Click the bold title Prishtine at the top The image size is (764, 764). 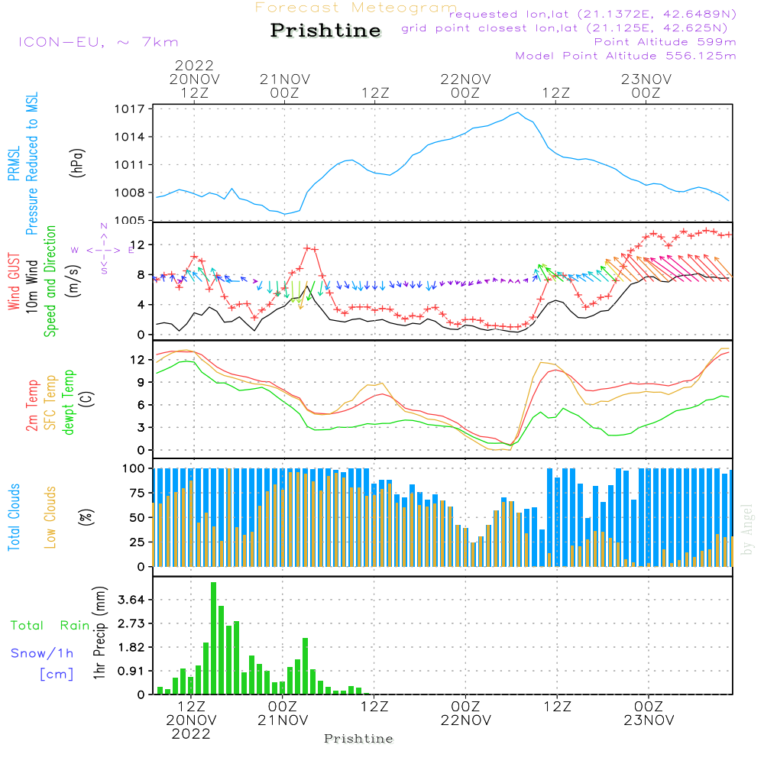325,31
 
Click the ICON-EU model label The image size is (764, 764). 61,42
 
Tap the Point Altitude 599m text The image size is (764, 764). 665,42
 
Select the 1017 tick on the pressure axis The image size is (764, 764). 130,108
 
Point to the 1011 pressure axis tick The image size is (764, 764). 130,165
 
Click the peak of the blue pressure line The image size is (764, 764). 518,112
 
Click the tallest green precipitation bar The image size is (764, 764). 213,638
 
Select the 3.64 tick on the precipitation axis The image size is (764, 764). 131,600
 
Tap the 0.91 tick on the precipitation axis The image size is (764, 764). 131,671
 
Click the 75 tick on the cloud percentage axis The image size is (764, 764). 134,493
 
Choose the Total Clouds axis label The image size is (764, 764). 14,517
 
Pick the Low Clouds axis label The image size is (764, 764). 50,517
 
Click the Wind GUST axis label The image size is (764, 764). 14,282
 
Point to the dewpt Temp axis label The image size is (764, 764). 68,402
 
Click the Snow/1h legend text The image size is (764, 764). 42,653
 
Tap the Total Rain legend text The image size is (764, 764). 50,625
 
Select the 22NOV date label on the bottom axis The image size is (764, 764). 466,720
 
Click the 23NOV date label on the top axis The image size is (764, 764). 646,79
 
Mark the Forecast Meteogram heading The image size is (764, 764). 356,8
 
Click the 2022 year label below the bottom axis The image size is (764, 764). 191,733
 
